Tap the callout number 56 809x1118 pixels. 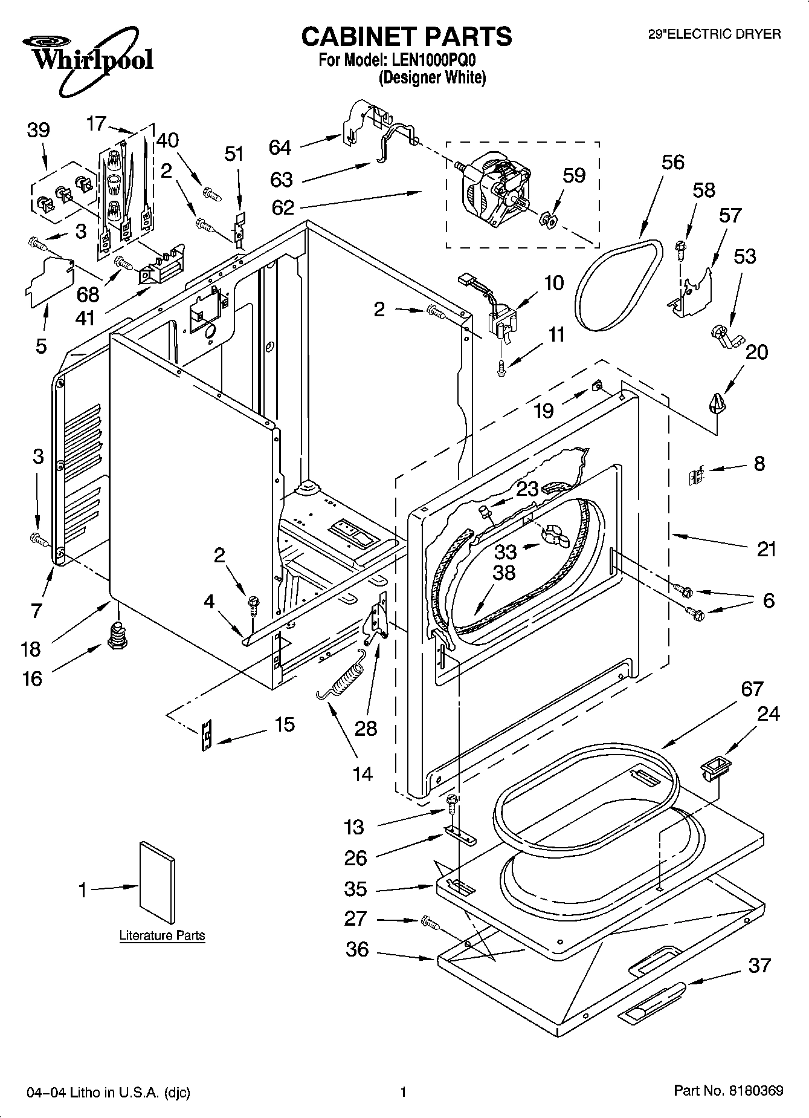(x=672, y=162)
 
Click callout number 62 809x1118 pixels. (x=283, y=207)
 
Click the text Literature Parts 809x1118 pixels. (x=162, y=935)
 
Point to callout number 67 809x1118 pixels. (x=752, y=689)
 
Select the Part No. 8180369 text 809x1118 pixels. (x=728, y=1090)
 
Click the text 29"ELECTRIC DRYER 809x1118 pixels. (x=714, y=34)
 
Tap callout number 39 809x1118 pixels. (x=39, y=131)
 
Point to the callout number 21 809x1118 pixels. (x=765, y=549)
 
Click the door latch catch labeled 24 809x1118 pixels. (x=712, y=770)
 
